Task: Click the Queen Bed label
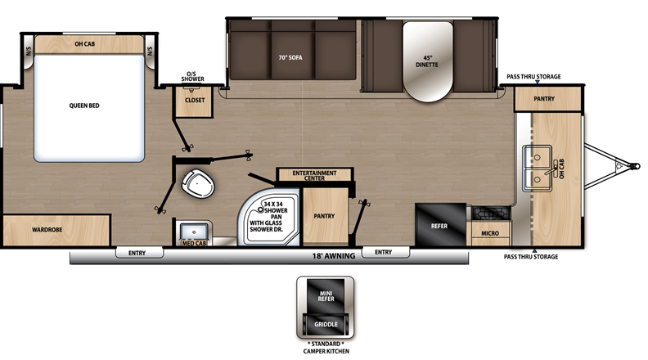pyautogui.click(x=84, y=106)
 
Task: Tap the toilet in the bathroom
pyautogui.click(x=198, y=183)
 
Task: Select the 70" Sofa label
pyautogui.click(x=290, y=57)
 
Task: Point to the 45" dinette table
pyautogui.click(x=428, y=61)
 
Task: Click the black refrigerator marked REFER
pyautogui.click(x=440, y=225)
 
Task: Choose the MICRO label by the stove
pyautogui.click(x=490, y=233)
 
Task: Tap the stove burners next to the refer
pyautogui.click(x=492, y=214)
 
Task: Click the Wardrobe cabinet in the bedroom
pyautogui.click(x=56, y=230)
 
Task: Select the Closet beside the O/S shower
pyautogui.click(x=194, y=101)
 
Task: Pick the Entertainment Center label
pyautogui.click(x=314, y=175)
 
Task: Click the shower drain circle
pyautogui.click(x=260, y=209)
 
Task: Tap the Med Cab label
pyautogui.click(x=194, y=244)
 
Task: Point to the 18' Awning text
pyautogui.click(x=334, y=256)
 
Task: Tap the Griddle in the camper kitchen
pyautogui.click(x=326, y=325)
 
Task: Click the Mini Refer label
pyautogui.click(x=326, y=296)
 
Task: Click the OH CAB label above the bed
pyautogui.click(x=85, y=44)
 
